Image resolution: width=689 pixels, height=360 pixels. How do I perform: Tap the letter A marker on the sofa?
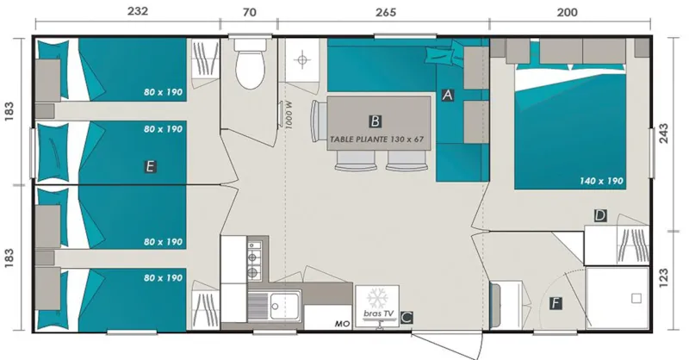pos(447,96)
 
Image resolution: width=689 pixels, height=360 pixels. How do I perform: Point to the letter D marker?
pos(600,215)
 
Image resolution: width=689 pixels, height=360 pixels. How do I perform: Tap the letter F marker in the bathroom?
pos(556,303)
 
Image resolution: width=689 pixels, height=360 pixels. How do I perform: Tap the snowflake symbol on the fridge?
pos(377,298)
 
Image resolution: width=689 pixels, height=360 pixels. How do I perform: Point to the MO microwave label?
pos(341,323)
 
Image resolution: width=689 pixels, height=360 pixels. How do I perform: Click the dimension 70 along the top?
pos(250,12)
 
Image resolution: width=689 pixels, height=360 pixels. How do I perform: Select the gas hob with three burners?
pos(253,261)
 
